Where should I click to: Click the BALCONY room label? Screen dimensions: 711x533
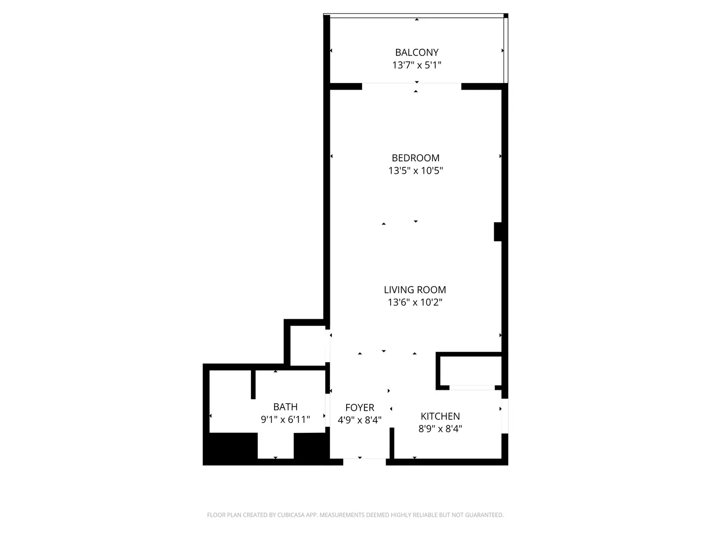pos(417,52)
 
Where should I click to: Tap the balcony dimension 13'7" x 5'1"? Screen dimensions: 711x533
pos(417,65)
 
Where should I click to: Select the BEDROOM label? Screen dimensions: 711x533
pos(416,158)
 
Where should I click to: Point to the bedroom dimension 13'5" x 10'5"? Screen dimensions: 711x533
pos(416,171)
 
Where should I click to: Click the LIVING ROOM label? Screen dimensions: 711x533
pos(415,290)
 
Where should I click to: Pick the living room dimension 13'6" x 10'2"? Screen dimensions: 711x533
pos(415,302)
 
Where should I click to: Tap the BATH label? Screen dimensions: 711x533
pos(285,407)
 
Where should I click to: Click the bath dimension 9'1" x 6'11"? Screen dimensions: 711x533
pos(285,419)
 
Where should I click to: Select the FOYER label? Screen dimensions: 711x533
pos(360,408)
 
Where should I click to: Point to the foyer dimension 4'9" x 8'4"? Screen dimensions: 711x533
pos(359,420)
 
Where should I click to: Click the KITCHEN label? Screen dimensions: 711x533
pos(440,416)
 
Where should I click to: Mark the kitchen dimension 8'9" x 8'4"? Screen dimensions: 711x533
pos(440,429)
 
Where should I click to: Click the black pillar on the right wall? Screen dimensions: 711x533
pos(498,232)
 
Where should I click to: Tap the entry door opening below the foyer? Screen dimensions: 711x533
pos(364,462)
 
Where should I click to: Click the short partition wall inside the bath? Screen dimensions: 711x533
pos(253,384)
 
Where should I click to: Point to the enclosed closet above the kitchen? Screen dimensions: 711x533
pos(471,371)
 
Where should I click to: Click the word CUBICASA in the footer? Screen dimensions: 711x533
pos(290,515)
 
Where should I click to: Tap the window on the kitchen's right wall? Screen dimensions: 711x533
pos(505,416)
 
